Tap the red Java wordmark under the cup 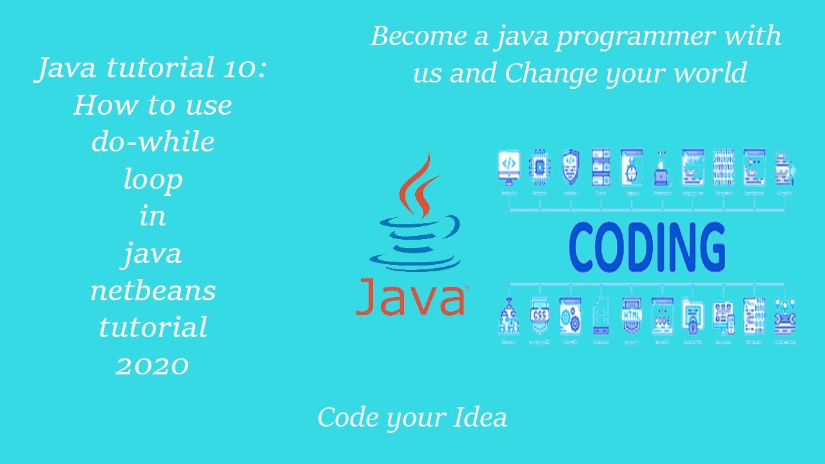click(411, 297)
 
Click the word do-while click(153, 142)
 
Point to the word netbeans click(153, 291)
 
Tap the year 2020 click(153, 365)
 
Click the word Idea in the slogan click(481, 418)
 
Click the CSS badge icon click(539, 316)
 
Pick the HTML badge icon click(631, 316)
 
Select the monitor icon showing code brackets click(509, 166)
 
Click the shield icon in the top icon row click(570, 166)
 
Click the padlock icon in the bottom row click(692, 316)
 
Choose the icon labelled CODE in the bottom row click(662, 316)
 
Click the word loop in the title click(153, 179)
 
